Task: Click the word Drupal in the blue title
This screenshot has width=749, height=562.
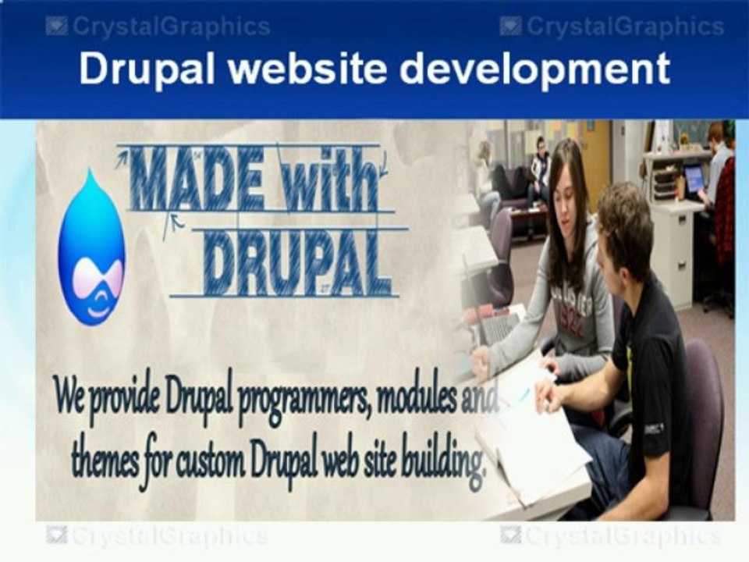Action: pos(146,69)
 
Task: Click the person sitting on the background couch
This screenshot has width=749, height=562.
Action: pos(538,168)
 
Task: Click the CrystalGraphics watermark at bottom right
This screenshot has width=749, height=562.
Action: pos(612,536)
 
